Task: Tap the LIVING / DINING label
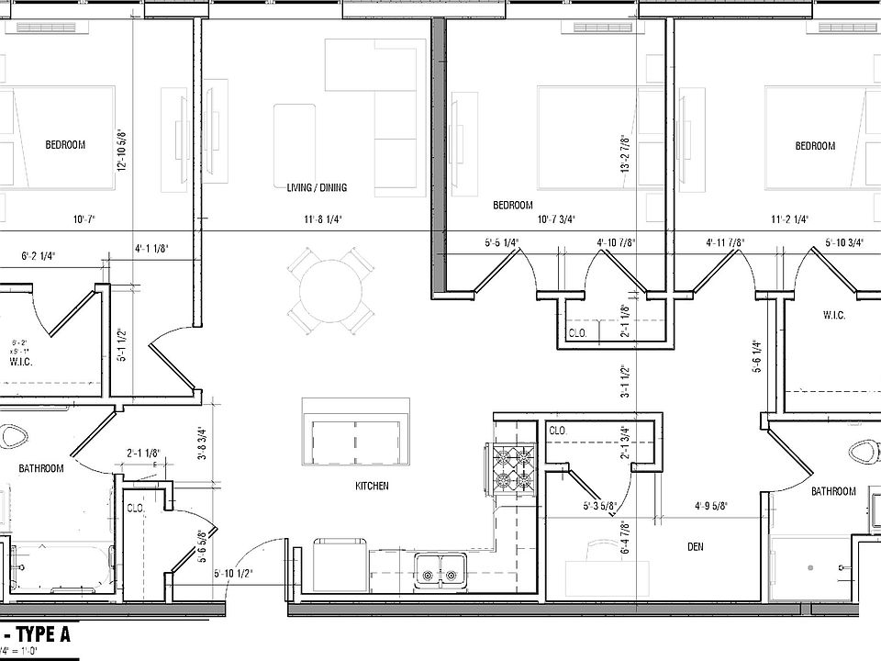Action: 316,188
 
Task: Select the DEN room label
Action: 695,548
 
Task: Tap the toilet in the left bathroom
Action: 13,436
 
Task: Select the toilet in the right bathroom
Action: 864,453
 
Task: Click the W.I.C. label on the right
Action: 833,316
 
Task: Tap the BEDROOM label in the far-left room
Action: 65,145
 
